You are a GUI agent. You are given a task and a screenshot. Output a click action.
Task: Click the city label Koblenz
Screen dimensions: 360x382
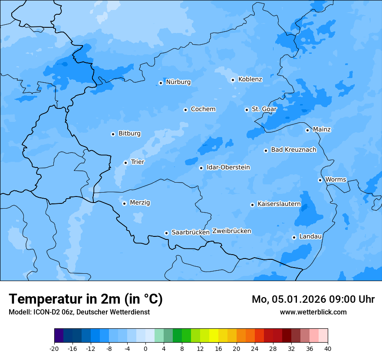(250, 79)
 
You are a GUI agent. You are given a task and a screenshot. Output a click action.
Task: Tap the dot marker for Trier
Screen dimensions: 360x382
(126, 163)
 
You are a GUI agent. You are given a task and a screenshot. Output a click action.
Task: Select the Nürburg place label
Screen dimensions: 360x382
(178, 82)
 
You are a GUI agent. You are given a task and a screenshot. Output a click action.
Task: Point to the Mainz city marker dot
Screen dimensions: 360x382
(307, 130)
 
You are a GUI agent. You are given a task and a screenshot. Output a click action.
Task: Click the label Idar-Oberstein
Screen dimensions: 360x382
(228, 167)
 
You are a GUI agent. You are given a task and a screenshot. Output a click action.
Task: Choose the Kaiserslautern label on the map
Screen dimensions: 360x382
(279, 204)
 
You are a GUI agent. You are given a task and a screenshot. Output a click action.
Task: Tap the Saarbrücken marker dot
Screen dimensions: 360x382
(166, 233)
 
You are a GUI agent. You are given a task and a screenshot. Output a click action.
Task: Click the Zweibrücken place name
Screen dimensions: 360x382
(231, 231)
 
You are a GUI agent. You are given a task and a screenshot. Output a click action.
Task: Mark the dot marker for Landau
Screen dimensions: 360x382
(294, 237)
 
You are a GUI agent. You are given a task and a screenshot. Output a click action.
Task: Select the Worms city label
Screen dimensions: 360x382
(336, 180)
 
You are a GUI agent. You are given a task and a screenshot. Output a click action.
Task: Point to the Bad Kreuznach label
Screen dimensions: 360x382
(293, 150)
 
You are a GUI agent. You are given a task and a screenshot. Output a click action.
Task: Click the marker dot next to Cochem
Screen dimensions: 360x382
(185, 110)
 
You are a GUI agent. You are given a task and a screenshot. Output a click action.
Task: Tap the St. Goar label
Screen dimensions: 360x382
(264, 109)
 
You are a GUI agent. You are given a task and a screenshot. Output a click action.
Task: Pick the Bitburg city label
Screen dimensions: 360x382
(129, 134)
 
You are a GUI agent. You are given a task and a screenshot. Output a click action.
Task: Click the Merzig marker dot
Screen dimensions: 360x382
(124, 203)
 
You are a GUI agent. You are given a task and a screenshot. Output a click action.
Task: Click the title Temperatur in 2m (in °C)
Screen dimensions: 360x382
(86, 299)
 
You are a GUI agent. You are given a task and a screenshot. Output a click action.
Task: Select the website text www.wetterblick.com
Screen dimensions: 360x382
(313, 312)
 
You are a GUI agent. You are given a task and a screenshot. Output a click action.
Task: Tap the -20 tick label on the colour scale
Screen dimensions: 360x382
(54, 348)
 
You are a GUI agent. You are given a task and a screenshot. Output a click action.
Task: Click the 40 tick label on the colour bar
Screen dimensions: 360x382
(328, 348)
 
